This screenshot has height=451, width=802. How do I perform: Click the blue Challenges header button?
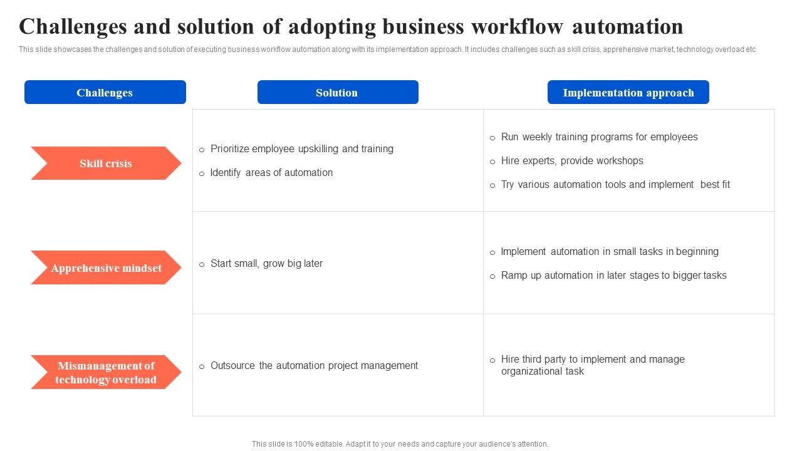coord(105,92)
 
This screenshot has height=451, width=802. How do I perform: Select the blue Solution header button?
coord(338,92)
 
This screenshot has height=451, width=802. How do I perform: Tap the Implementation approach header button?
coord(628,92)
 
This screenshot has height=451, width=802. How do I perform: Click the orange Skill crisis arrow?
coord(106,163)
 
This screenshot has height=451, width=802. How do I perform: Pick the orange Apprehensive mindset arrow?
coord(106,268)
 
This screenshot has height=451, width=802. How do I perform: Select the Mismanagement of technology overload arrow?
coord(106,373)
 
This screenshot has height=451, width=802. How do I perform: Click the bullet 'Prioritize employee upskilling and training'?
coord(301,149)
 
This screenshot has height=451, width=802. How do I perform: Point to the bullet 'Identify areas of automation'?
coord(271,173)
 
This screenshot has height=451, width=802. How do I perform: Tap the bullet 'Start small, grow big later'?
coord(266,264)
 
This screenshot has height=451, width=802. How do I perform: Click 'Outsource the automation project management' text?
coord(314,366)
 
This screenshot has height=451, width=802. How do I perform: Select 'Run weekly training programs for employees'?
coord(599,137)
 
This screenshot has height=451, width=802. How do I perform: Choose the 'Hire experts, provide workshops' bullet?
coord(572,161)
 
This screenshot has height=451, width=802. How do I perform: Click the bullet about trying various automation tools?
coord(615,185)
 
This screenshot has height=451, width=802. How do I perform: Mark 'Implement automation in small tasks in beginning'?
coord(610,252)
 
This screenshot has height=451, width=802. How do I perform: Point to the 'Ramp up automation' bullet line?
coord(613,276)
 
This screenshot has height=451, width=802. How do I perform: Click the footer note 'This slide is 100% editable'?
coord(400,444)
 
